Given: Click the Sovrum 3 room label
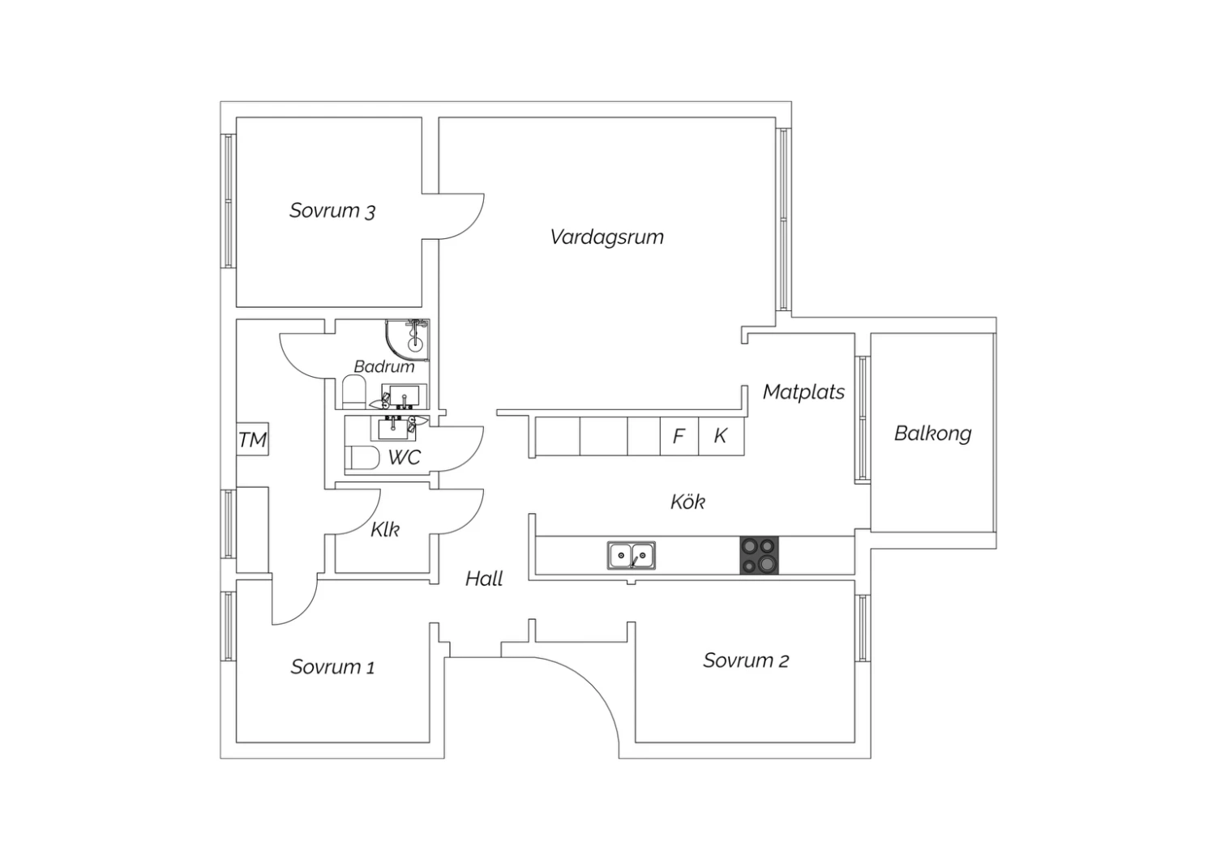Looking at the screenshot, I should click(332, 211).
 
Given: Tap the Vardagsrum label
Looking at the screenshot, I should click(606, 237).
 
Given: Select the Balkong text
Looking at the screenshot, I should click(932, 433).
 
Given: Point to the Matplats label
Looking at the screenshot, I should click(803, 391).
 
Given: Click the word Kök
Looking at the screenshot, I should click(687, 502).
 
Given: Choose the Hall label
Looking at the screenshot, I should click(484, 579).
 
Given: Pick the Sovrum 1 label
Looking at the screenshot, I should click(332, 667).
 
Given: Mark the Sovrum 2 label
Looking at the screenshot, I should click(746, 660).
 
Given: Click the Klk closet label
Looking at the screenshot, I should click(385, 529).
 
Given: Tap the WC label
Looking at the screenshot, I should click(404, 457).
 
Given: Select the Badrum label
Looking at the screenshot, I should click(383, 366).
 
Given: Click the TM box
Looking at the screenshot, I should click(252, 440).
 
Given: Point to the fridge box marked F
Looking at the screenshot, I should click(679, 436).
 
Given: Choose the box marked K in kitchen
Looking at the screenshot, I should click(721, 436).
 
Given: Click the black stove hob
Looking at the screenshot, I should click(759, 555).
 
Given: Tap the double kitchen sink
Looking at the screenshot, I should click(632, 556).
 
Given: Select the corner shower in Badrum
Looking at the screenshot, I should click(409, 338).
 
